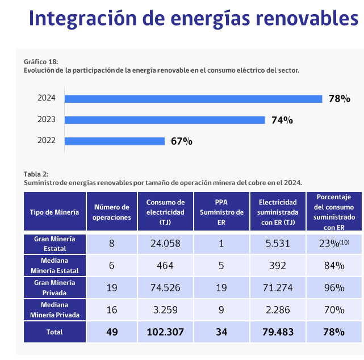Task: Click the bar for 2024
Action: (x=193, y=99)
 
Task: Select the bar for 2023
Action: (x=165, y=120)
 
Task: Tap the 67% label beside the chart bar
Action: (x=182, y=141)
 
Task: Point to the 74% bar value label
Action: (x=282, y=120)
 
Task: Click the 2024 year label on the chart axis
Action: (x=47, y=98)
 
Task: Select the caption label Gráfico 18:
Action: (x=41, y=61)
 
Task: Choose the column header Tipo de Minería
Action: (x=55, y=212)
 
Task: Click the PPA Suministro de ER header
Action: (x=221, y=212)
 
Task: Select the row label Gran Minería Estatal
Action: (x=55, y=244)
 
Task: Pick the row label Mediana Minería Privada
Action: (x=55, y=309)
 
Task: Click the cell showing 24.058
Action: (x=165, y=244)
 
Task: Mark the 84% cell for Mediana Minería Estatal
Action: (x=334, y=266)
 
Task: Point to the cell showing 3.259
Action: (x=165, y=310)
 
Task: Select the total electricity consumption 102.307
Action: (x=165, y=332)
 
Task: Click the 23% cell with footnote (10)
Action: (x=334, y=244)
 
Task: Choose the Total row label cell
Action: (x=55, y=332)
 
